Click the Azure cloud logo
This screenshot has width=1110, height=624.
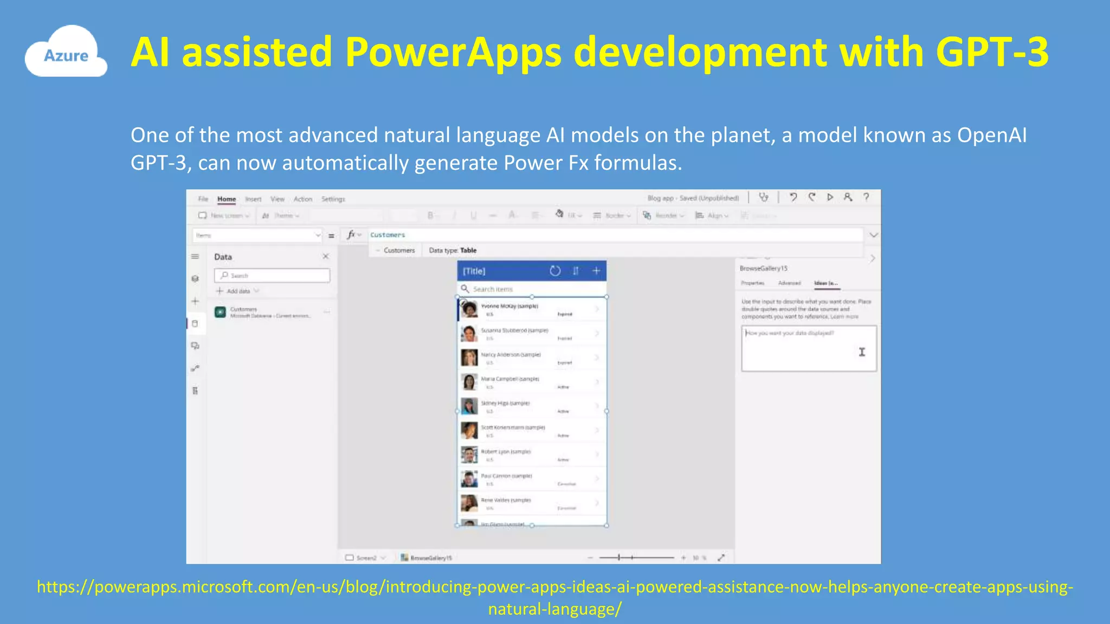[66, 53]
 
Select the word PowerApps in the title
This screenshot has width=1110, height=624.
[453, 52]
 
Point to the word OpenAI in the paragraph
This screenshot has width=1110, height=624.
[991, 135]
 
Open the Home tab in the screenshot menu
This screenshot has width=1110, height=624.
[227, 199]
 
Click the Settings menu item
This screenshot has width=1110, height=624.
[333, 199]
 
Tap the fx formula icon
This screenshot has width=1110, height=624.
[352, 235]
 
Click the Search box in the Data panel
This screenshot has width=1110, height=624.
[272, 275]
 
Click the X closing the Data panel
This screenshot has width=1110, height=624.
[325, 256]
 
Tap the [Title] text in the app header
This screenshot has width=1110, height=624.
[474, 271]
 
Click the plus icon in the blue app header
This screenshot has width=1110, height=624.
[596, 271]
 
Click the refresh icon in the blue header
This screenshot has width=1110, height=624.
[554, 271]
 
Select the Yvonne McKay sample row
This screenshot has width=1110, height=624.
[531, 309]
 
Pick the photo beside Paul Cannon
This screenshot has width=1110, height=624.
[469, 478]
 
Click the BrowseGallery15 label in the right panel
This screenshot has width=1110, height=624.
[763, 268]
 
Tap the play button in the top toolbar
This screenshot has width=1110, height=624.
[830, 197]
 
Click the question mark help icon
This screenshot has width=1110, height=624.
[866, 197]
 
